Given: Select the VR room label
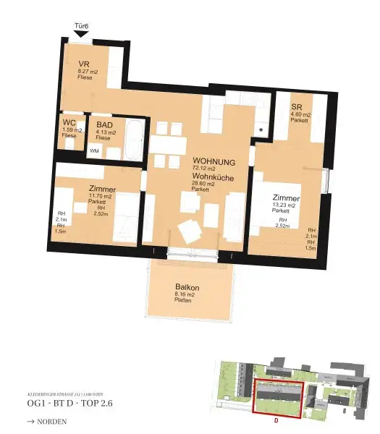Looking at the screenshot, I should click(x=84, y=64).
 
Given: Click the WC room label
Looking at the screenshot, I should click(x=69, y=122).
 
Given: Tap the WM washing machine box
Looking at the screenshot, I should click(x=94, y=151).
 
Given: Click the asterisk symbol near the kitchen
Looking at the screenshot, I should click(x=261, y=130).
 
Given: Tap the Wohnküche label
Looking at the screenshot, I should click(x=212, y=176).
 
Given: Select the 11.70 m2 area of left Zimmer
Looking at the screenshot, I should click(x=99, y=196).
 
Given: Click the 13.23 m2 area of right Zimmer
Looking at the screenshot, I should click(x=285, y=205).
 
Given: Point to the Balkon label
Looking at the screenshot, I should click(x=187, y=287).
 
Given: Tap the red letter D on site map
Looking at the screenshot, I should click(x=275, y=419).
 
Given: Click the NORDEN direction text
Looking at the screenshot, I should click(x=48, y=420).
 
